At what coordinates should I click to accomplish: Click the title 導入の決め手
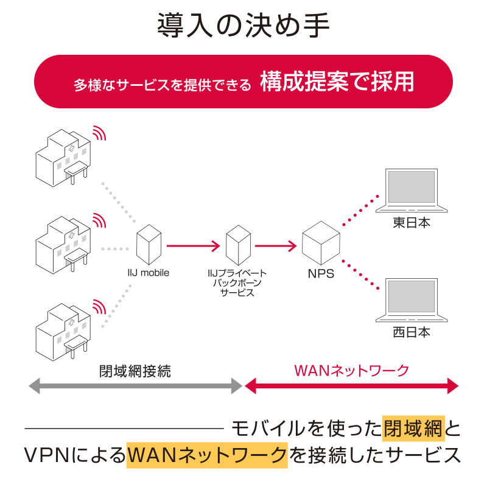(x=243, y=27)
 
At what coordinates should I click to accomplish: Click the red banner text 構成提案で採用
(x=337, y=82)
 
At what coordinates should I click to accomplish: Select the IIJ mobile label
(x=148, y=273)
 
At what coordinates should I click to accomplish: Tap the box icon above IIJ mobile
(x=149, y=242)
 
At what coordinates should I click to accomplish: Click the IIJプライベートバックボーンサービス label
(x=237, y=283)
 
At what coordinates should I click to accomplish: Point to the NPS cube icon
(x=321, y=243)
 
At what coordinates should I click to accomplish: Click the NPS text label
(x=321, y=274)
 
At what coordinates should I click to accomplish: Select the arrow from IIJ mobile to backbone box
(x=192, y=247)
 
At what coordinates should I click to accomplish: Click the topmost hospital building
(x=61, y=155)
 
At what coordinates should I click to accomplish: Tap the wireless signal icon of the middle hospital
(x=98, y=221)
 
